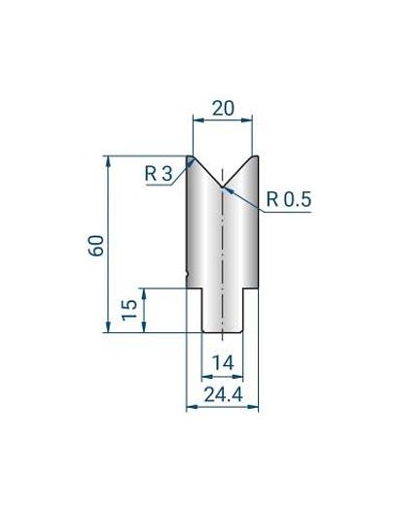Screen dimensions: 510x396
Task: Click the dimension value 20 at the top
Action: [x=223, y=110]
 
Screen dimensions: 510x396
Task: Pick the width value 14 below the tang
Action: [x=223, y=362]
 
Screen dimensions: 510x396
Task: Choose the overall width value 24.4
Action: [x=222, y=394]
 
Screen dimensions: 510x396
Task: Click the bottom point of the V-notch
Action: [x=223, y=186]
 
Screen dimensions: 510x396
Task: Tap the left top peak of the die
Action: [x=192, y=155]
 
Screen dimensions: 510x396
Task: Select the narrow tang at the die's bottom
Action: [x=223, y=311]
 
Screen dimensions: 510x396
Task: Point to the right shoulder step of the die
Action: [x=252, y=288]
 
